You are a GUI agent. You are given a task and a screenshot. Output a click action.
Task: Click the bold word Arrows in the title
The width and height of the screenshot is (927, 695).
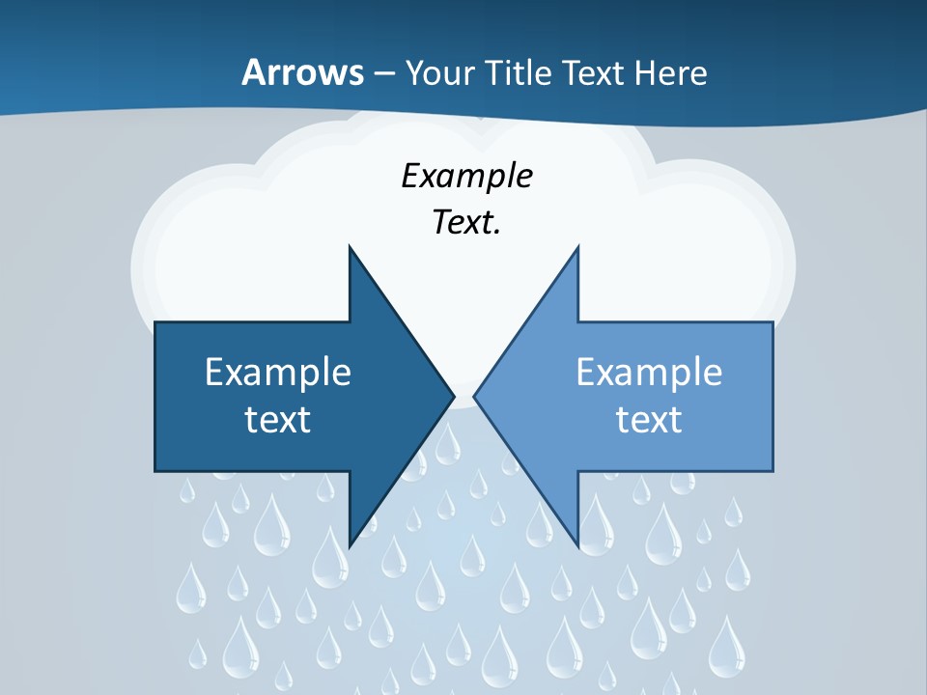click(x=303, y=72)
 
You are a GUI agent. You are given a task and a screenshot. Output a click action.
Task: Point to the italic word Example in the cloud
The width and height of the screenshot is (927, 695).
click(x=467, y=177)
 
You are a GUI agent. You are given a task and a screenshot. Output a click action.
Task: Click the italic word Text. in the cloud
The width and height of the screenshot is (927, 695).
click(x=467, y=222)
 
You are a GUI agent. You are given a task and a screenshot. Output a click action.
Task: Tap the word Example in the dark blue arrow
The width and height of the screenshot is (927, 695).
click(x=278, y=372)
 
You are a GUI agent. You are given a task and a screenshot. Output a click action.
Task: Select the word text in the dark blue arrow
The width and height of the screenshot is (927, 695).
click(x=278, y=419)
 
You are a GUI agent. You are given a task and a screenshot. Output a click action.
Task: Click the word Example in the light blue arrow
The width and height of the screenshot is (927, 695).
click(x=649, y=372)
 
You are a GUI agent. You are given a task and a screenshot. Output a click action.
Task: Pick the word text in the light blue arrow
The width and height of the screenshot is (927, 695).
click(x=649, y=419)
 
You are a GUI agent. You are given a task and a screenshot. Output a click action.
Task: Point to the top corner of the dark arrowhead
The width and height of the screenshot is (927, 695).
click(x=350, y=246)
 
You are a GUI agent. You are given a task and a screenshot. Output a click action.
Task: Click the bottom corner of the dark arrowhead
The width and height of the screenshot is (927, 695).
click(x=350, y=546)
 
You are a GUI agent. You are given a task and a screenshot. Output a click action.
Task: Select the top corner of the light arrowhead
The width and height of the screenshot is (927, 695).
click(x=577, y=246)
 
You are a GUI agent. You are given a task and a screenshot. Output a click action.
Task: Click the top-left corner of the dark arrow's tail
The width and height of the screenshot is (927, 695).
click(x=155, y=322)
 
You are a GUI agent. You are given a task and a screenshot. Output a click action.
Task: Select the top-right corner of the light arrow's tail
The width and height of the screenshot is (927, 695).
click(x=772, y=322)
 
